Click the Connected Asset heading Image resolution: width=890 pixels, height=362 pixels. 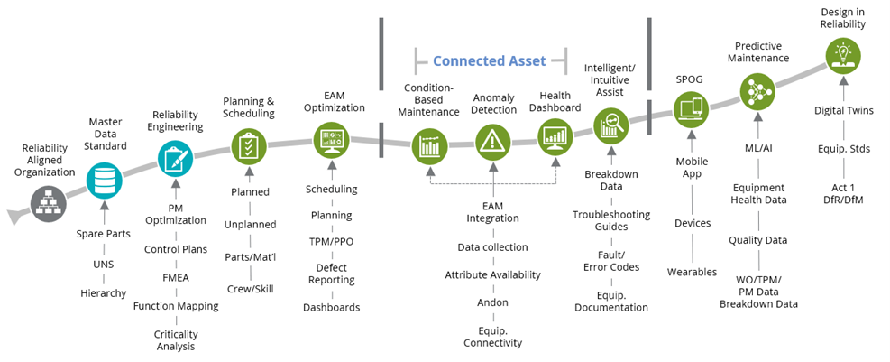point(490,61)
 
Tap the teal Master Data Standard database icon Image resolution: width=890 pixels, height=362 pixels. point(105,181)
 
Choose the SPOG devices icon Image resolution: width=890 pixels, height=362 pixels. point(691,110)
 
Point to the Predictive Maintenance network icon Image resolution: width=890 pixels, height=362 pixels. point(757,90)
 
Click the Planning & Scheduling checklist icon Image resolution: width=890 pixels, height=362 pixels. point(250,145)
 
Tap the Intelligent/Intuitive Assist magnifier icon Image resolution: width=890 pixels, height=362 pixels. point(610,124)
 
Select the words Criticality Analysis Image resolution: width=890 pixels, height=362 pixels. point(176,339)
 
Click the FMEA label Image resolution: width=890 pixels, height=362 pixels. point(175,277)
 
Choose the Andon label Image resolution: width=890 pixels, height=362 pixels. point(492,302)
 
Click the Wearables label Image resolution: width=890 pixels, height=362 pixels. point(692,272)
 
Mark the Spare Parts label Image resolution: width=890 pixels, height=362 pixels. point(105,234)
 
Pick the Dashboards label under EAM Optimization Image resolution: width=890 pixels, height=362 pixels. point(332,307)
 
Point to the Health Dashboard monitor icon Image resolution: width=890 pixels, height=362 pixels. point(555,137)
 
